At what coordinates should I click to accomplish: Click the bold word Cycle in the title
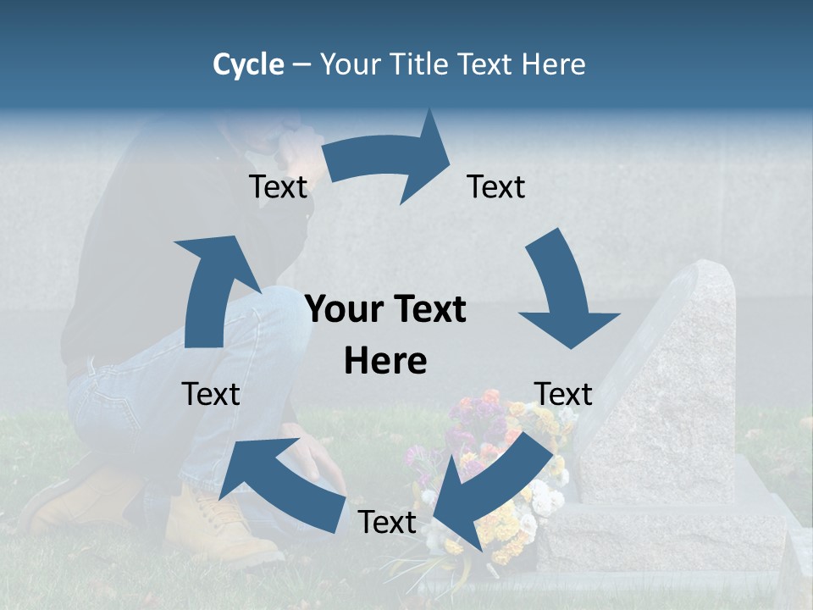pos(248,64)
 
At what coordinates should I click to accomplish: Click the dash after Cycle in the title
pos(301,65)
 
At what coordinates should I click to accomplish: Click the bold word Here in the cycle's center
pos(385,361)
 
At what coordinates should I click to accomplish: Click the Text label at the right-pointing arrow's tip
pos(496,187)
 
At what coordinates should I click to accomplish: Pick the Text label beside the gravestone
pos(563,394)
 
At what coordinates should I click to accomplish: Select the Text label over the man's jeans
pos(211,394)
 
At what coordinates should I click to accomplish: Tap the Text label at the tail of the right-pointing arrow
pos(278,187)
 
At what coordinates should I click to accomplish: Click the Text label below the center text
pos(387,523)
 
